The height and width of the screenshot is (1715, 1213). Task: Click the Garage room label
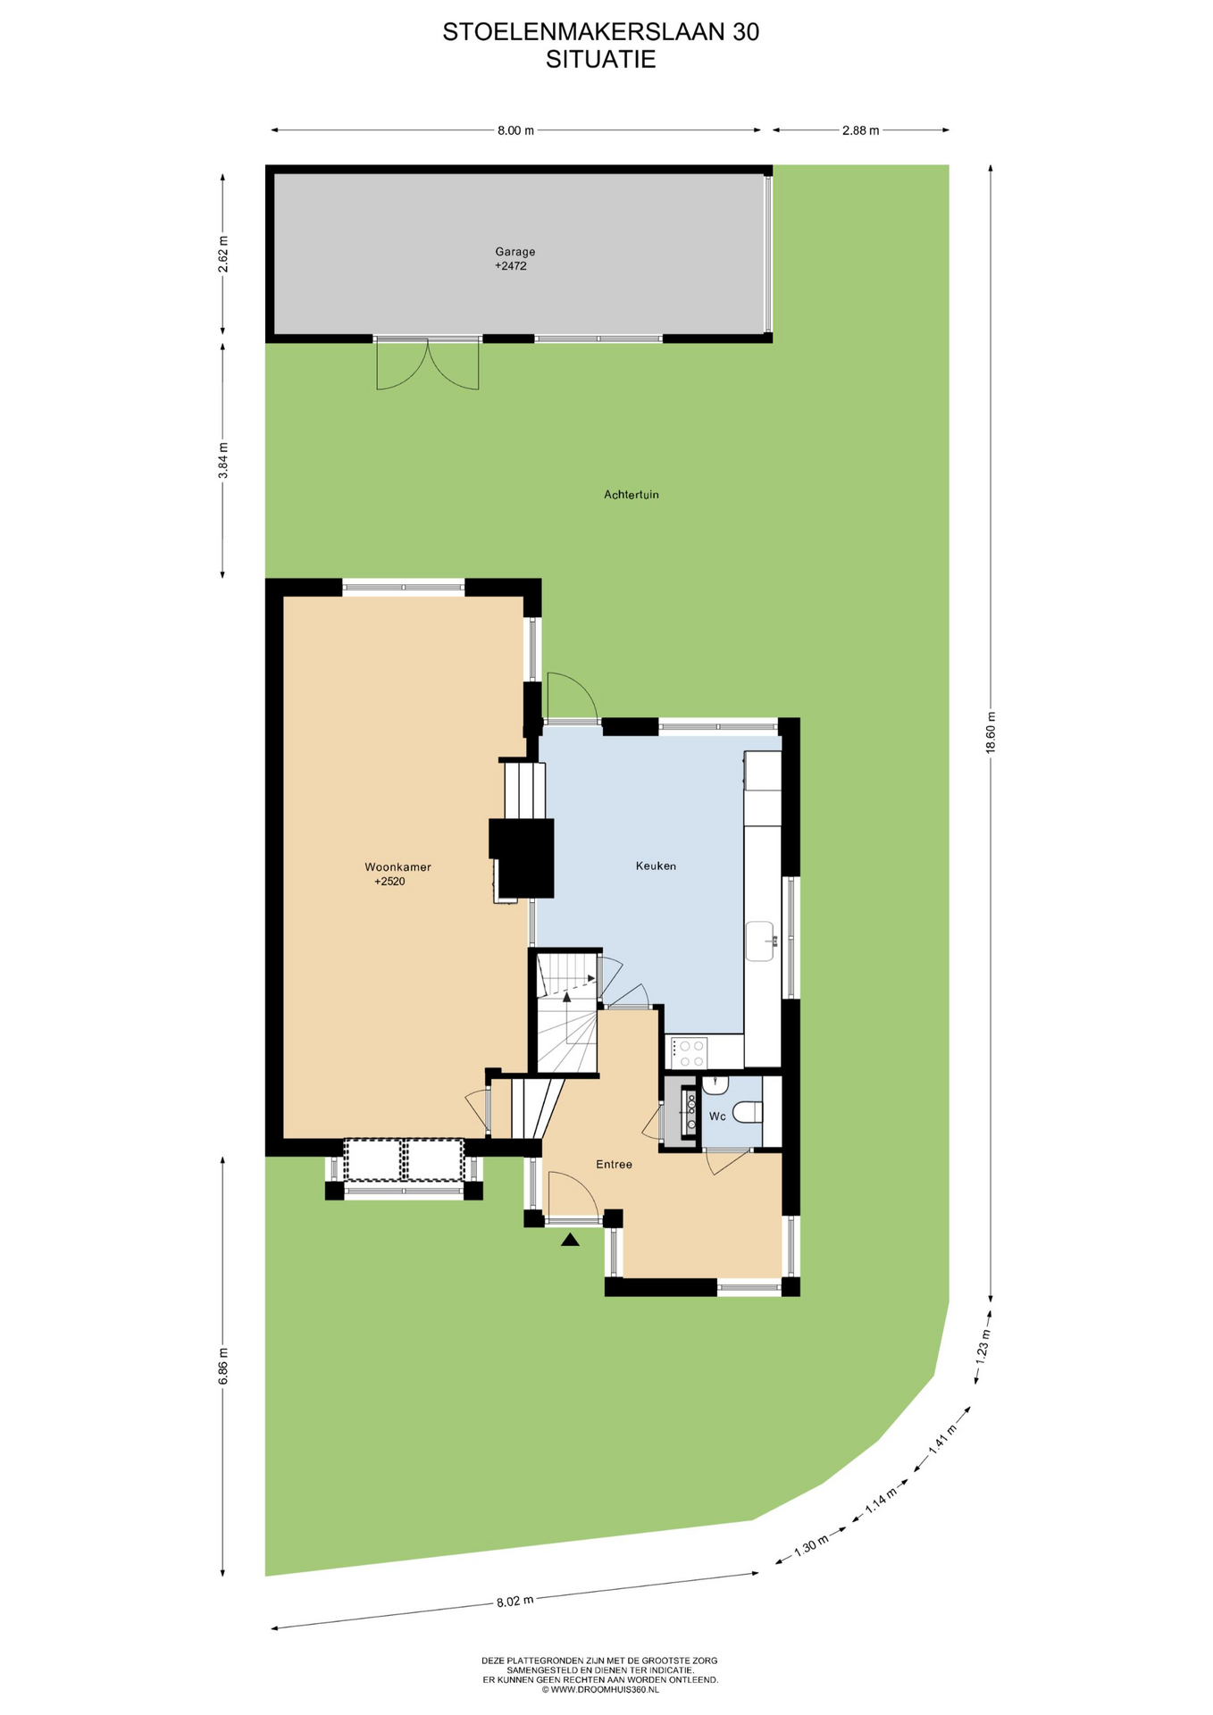click(x=515, y=252)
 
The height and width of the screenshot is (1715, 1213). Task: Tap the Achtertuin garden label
click(x=632, y=494)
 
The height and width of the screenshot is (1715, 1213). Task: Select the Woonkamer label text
click(x=397, y=866)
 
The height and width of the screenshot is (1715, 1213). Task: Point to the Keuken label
click(x=656, y=866)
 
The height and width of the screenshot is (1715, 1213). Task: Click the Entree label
click(x=615, y=1164)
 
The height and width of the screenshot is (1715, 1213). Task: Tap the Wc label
click(x=717, y=1116)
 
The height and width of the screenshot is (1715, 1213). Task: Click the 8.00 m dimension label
click(x=515, y=130)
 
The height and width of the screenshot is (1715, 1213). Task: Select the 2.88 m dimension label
click(x=860, y=130)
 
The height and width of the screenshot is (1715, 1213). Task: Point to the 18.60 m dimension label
click(x=990, y=732)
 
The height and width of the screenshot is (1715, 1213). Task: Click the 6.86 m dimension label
click(x=223, y=1366)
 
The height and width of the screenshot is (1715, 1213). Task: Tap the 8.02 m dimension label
click(x=514, y=1600)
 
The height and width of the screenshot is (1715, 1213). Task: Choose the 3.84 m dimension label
click(x=223, y=460)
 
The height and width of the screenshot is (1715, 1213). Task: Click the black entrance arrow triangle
click(x=570, y=1239)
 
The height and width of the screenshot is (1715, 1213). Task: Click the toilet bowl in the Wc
click(x=746, y=1113)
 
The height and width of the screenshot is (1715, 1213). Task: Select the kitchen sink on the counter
click(x=760, y=941)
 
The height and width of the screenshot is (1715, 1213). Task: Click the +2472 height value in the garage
click(x=511, y=265)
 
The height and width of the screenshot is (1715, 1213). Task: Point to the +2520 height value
click(x=389, y=881)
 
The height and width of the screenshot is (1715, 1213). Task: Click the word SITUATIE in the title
click(x=601, y=59)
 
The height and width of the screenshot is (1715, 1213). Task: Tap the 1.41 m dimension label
click(x=942, y=1439)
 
